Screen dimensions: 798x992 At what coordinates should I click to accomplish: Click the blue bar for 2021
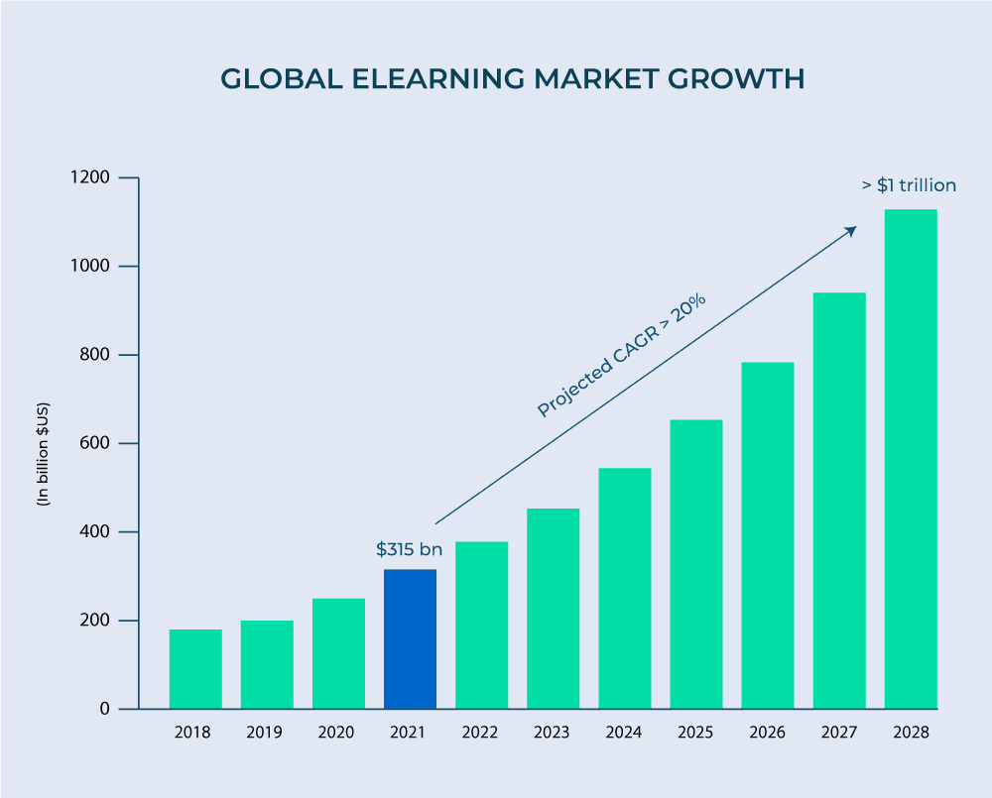click(410, 638)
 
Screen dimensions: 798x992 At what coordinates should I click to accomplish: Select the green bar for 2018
click(195, 669)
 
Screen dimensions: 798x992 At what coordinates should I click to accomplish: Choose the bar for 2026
click(768, 535)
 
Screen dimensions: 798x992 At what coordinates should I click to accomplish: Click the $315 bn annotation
click(409, 549)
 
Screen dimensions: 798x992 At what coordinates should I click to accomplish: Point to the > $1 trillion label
click(908, 185)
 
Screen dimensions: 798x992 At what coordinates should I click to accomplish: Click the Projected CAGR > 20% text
click(621, 354)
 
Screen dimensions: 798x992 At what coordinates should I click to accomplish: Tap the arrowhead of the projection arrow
click(850, 231)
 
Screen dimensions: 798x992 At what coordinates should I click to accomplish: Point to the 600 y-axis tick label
click(95, 443)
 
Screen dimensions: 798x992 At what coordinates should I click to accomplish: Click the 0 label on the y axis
click(105, 709)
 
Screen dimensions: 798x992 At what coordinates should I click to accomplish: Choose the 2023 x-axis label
click(552, 734)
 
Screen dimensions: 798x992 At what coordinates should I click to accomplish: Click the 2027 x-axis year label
click(839, 734)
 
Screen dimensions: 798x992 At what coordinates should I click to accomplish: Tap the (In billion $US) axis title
click(44, 454)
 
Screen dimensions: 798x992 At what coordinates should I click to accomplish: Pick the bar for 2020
click(338, 653)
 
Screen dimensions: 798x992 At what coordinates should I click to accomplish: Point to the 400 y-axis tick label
click(95, 532)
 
